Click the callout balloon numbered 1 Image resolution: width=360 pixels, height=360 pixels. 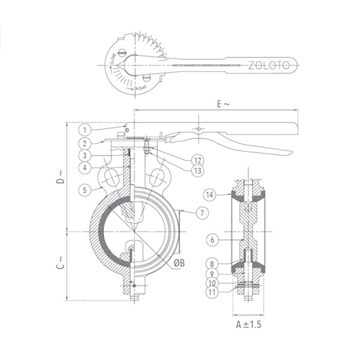point(85,130)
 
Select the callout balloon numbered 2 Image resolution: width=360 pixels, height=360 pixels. point(85,142)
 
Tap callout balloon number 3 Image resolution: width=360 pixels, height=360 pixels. point(85,155)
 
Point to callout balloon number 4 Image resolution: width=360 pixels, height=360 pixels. point(85,167)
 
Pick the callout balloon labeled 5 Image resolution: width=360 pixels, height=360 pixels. point(85,189)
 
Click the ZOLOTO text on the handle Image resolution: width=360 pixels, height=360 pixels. point(273,65)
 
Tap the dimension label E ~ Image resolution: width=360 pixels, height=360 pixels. point(223,104)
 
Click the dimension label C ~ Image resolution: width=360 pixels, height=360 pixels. point(60,263)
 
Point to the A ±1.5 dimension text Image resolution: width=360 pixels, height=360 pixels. point(248,325)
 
